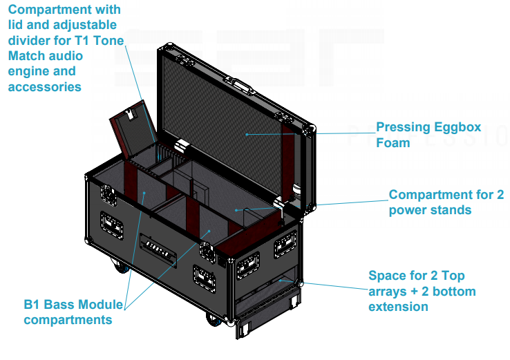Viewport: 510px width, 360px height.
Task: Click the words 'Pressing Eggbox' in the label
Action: pos(428,128)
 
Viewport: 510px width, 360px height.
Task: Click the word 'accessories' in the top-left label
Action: pos(45,86)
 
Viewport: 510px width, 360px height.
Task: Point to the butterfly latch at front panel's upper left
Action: pos(109,193)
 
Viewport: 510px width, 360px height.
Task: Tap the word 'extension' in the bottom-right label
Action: pos(398,306)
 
